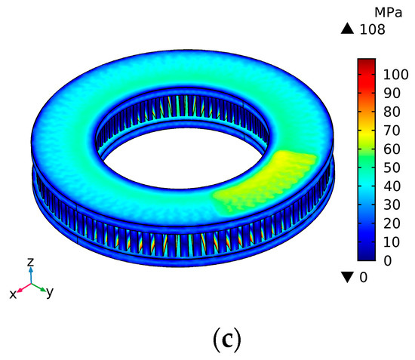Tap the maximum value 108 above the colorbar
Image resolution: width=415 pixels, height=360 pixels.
[373, 30]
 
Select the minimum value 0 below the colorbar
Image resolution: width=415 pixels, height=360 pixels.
[363, 277]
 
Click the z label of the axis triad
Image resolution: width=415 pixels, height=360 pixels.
[30, 262]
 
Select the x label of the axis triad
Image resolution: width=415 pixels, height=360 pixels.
[13, 294]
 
